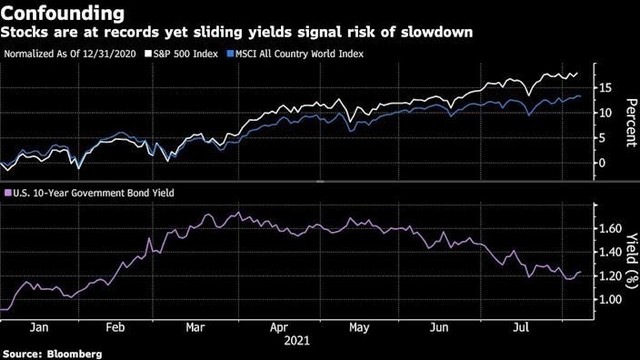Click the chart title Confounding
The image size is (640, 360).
[62, 14]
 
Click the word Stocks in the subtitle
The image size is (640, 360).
[27, 35]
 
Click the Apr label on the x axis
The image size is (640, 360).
[280, 325]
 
